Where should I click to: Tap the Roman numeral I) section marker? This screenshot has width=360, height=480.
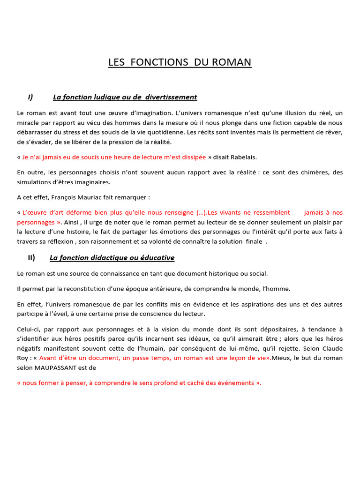tap(30, 97)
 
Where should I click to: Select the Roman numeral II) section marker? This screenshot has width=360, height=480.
tap(31, 258)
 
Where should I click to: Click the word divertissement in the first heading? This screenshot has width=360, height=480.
tap(171, 97)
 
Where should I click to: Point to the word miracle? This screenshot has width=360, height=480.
tap(29, 123)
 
